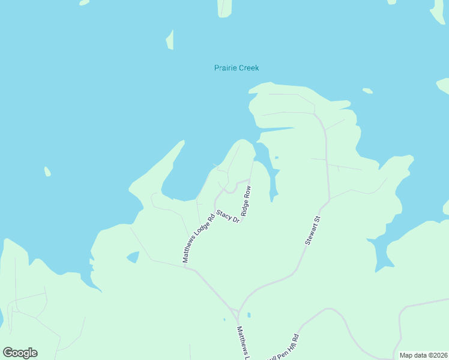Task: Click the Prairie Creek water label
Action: (237, 68)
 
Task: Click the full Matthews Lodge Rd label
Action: (198, 238)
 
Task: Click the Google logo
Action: (20, 353)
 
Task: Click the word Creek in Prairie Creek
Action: (247, 68)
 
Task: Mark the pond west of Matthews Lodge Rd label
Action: (133, 257)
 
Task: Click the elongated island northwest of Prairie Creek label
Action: (170, 40)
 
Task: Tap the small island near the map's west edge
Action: (47, 172)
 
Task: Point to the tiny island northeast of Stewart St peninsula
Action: (367, 91)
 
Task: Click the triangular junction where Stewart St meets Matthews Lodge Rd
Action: (238, 313)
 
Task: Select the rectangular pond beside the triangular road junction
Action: (249, 314)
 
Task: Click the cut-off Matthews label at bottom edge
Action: (243, 343)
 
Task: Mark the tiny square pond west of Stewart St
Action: (276, 158)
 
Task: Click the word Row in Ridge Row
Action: (247, 193)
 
